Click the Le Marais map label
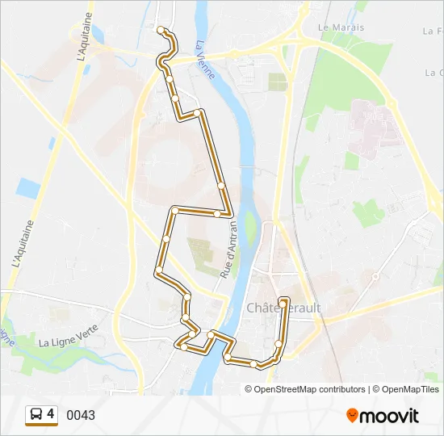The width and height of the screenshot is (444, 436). pos(341,27)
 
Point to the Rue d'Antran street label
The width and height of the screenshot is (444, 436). pos(228,251)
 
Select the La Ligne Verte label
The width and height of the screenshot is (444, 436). pos(68,342)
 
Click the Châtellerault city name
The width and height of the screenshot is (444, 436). pos(283,308)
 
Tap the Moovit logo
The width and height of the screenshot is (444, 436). pos(383,415)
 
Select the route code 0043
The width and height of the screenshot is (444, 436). pos(81,415)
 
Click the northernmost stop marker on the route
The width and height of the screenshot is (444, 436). pos(161,30)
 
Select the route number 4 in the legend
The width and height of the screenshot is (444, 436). pos(51,414)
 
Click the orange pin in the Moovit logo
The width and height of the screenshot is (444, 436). pos(352,416)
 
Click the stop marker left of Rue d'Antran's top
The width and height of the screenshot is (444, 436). pos(218,213)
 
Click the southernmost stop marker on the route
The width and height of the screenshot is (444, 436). pos(254,364)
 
